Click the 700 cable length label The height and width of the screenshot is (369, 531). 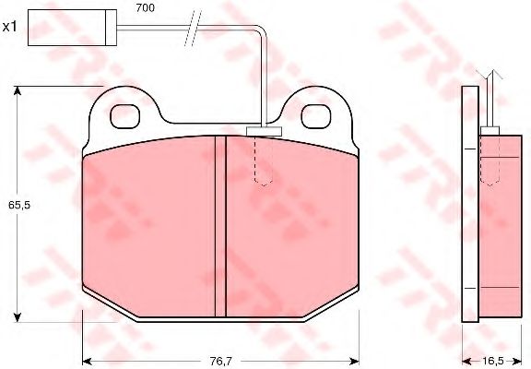pos(146,7)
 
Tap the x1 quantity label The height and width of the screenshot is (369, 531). pos(10,27)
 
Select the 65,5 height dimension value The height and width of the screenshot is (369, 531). pos(19,205)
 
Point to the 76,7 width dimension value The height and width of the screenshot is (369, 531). pos(220,362)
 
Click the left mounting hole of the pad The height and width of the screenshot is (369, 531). pos(125,116)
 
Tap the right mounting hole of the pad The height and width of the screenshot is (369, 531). pos(316,116)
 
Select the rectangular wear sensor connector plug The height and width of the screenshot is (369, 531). pos(72,28)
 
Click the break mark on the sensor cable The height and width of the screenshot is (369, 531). pos(193,28)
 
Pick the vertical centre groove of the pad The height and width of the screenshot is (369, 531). pos(220,226)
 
